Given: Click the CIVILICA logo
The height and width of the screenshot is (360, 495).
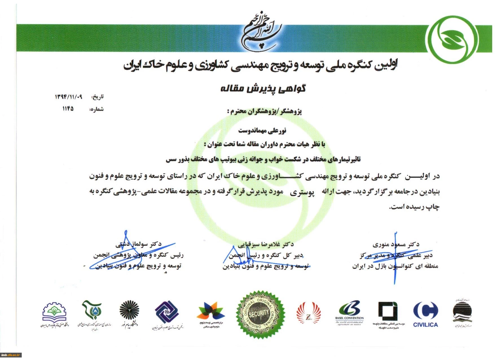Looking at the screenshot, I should coord(426,314).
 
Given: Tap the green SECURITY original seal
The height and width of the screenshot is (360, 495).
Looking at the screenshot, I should coord(260,314).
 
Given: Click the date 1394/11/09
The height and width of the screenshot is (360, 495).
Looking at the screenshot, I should coord(69,97).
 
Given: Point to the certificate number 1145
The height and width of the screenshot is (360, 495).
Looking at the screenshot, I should coord(68,108).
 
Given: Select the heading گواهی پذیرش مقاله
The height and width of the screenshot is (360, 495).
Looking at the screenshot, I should coord(263,88).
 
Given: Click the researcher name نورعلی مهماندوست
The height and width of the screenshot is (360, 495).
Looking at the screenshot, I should coord(262,130).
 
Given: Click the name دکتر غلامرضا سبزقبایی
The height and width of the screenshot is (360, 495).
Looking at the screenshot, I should coord(265,244).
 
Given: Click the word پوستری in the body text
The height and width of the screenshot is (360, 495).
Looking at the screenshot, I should coord(302,192).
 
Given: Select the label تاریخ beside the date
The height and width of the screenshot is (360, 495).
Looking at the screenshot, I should coord(98,97).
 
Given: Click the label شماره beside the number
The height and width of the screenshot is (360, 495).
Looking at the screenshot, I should coord(96,109).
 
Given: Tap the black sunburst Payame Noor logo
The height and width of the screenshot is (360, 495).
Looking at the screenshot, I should coord(129,310).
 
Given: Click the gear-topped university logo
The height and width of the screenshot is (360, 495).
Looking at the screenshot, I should coord(54,313).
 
